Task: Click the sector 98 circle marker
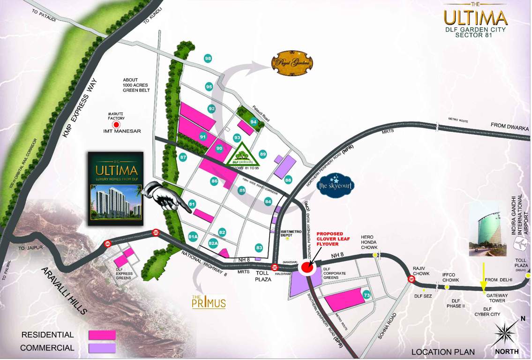208,59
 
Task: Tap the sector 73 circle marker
367,295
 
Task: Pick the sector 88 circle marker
288,180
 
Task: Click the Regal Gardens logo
292,63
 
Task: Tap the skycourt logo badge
336,185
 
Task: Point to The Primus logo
209,302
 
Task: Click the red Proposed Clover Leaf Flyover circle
307,267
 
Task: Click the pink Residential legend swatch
102,335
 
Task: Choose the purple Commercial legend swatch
102,348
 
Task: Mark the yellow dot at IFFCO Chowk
447,286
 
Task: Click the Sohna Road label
386,327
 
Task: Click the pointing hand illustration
165,197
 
